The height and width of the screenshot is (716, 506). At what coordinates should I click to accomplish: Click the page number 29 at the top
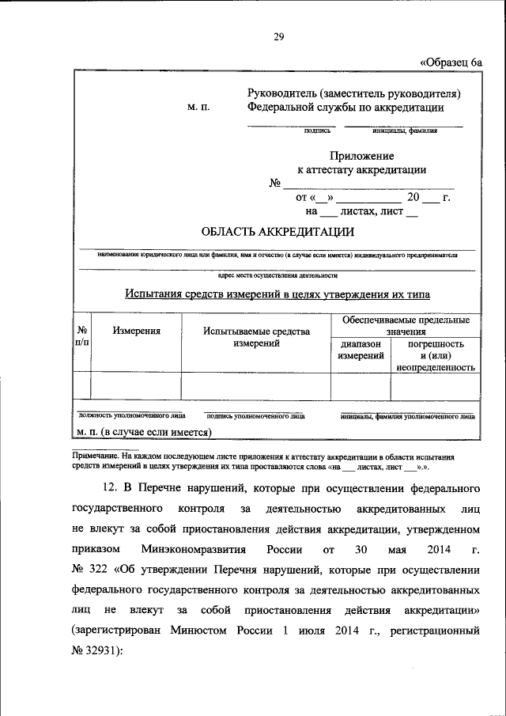tap(278, 36)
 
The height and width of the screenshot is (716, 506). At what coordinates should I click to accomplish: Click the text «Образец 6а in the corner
tap(450, 62)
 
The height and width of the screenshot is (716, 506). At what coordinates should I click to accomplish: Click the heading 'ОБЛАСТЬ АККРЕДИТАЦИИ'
tap(278, 231)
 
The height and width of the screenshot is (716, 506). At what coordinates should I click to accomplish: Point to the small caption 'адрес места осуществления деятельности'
tap(278, 276)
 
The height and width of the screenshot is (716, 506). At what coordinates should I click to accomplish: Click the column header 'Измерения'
tap(136, 332)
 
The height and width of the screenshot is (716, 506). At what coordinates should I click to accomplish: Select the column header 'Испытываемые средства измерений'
tap(255, 339)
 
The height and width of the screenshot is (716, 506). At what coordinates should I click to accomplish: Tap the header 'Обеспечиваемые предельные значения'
tap(406, 326)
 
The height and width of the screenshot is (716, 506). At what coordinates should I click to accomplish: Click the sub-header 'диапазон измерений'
tap(361, 350)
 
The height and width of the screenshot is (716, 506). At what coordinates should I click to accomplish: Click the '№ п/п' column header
tap(81, 337)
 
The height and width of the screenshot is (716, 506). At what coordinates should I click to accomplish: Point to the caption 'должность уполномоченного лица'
tap(132, 414)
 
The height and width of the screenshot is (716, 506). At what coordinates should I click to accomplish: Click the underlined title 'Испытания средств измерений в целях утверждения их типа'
tap(278, 295)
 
